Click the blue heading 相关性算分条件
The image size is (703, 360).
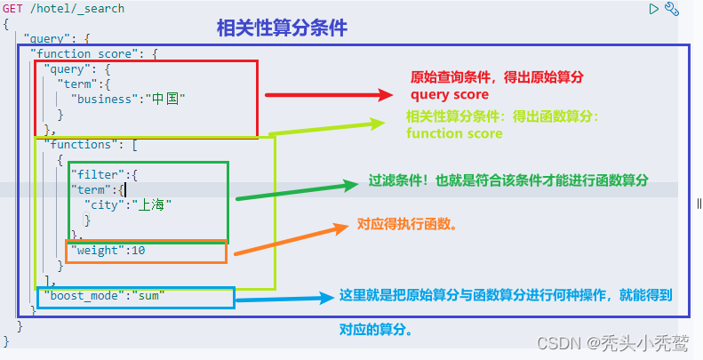point(282,28)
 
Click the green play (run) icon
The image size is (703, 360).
point(654,9)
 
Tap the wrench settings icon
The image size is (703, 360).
point(672,9)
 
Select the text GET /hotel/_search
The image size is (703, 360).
point(64,9)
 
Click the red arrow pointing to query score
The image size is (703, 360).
point(329,93)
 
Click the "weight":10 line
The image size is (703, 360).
point(108,251)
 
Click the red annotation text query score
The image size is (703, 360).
point(449,95)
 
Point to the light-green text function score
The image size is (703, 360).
point(454,133)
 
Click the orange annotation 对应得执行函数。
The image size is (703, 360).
point(407,225)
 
